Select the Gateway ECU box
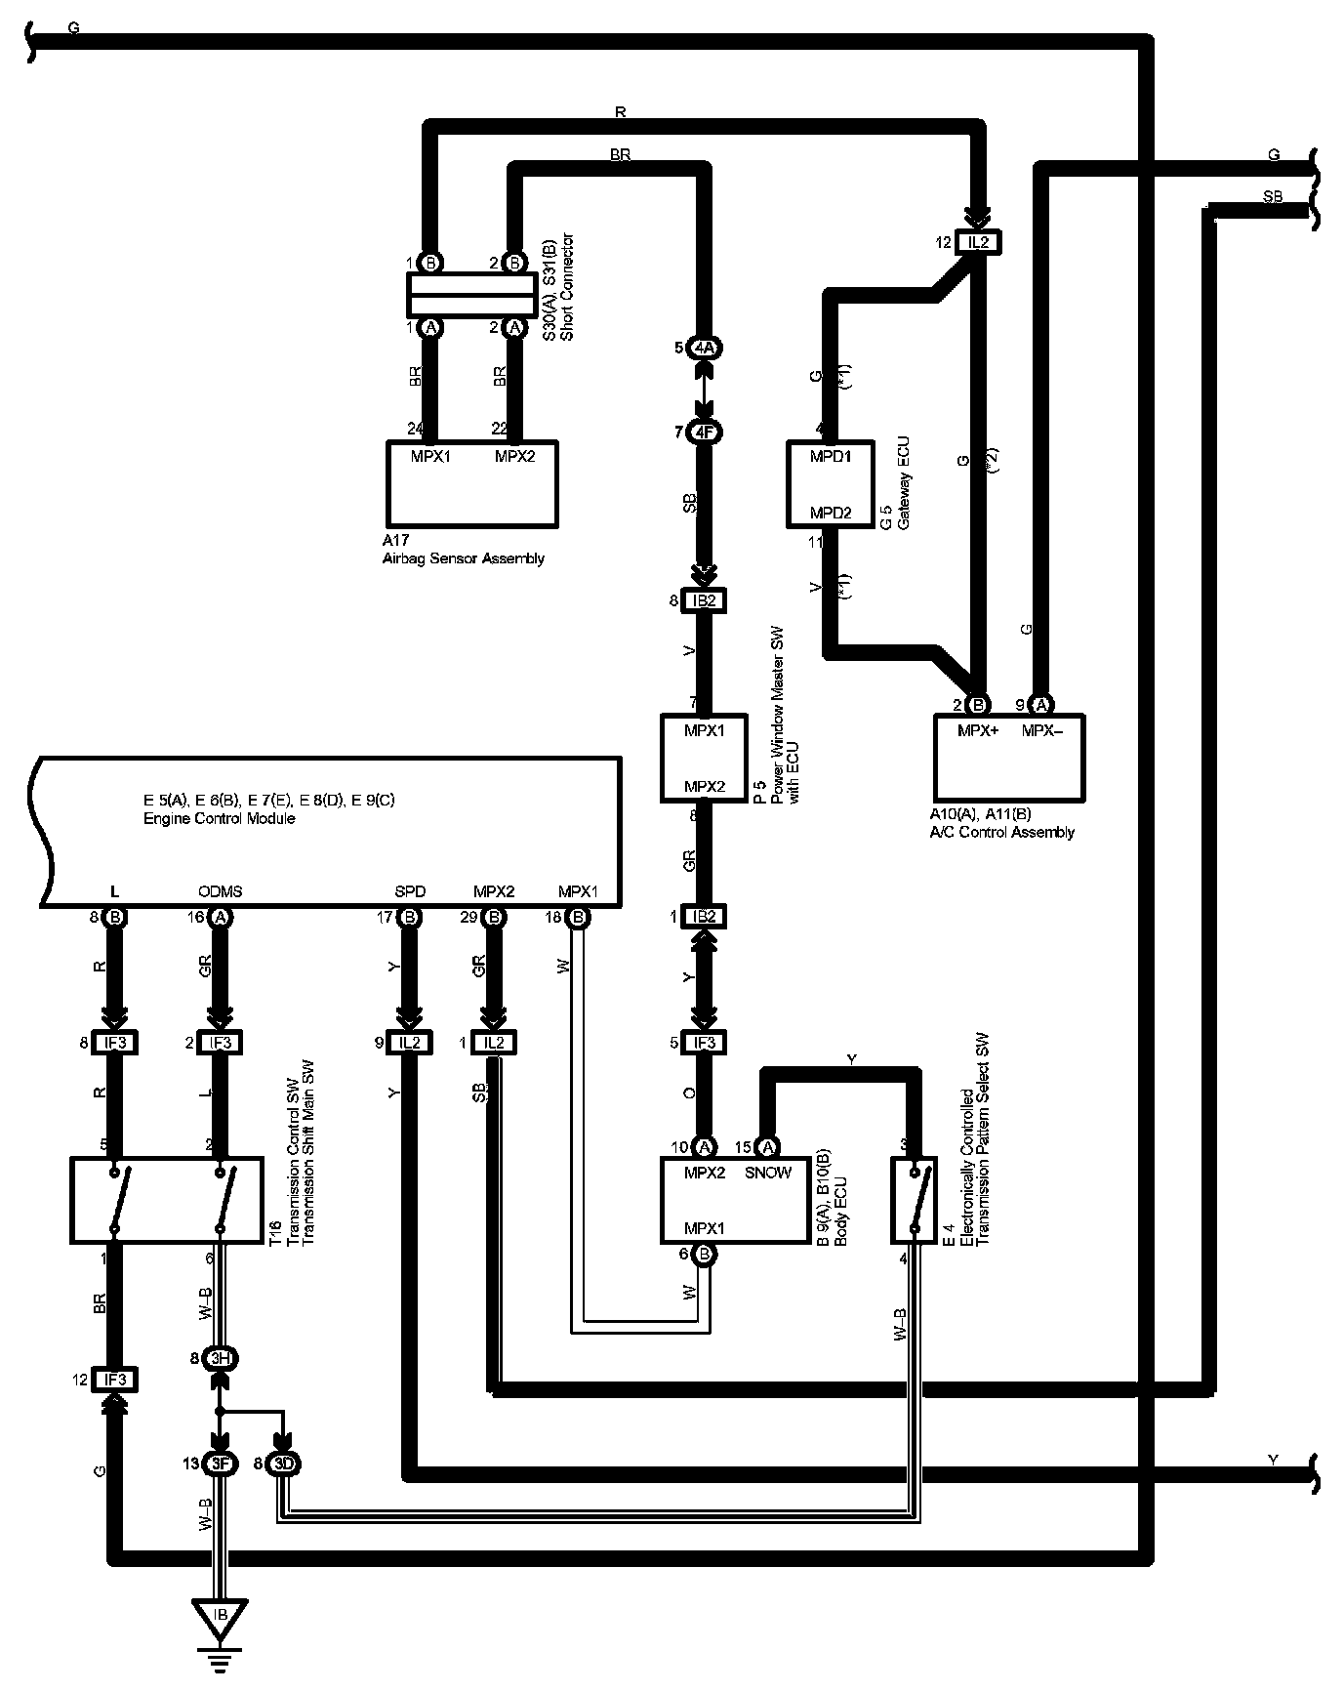[831, 484]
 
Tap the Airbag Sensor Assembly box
[472, 484]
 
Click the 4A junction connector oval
[704, 348]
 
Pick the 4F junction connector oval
[704, 432]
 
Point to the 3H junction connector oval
[221, 1358]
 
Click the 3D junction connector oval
[283, 1464]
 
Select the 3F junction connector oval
[221, 1464]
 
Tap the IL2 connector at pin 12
[978, 242]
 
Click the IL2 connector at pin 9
[410, 1043]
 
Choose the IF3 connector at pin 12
[114, 1380]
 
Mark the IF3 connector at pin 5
[704, 1043]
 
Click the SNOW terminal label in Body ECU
[768, 1173]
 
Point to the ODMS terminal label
[220, 891]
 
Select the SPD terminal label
[410, 891]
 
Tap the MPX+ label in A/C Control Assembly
[978, 730]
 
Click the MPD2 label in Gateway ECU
[831, 513]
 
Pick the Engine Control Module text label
[220, 818]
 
